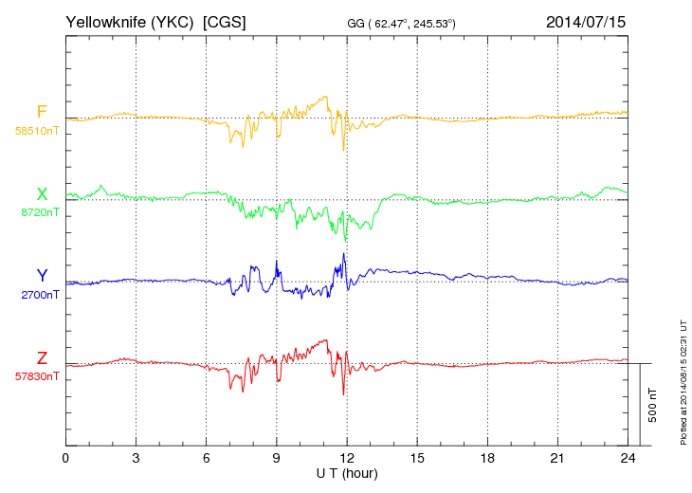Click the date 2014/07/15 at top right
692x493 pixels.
pos(586,21)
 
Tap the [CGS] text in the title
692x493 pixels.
pos(225,21)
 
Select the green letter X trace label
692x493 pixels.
pos(42,194)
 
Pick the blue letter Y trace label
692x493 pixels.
pos(42,276)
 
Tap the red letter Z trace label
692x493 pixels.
pos(42,357)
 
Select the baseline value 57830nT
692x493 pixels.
pos(37,376)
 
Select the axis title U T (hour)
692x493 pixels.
pos(347,473)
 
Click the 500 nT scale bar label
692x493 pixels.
pos(653,404)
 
